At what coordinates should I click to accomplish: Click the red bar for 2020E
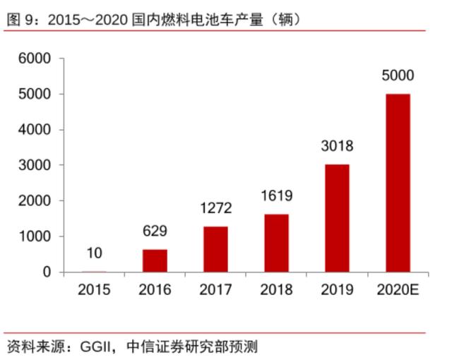coord(398,183)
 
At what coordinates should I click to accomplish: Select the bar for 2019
coord(337,218)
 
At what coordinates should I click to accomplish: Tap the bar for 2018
coord(276,243)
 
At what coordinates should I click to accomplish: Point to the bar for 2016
coord(155,260)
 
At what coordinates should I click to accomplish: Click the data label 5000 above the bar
coord(398,76)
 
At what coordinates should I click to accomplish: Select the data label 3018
coord(337,146)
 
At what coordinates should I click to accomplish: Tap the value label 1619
coord(276,196)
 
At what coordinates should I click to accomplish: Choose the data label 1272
coord(215,208)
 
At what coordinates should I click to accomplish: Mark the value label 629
coord(155,231)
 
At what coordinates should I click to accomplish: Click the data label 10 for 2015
coord(95,253)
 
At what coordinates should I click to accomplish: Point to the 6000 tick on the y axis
coord(35,59)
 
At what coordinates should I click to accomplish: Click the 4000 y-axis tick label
coord(35,130)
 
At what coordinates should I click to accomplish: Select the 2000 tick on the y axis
coord(35,200)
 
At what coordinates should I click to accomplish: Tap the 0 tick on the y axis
coord(47,272)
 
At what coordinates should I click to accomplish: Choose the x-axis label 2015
coord(95,289)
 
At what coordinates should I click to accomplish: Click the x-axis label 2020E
coord(398,289)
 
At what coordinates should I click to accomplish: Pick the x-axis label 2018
coord(276,289)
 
